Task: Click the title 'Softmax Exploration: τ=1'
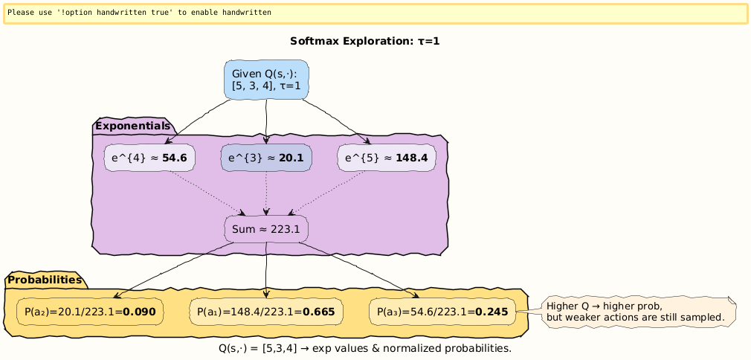coord(364,42)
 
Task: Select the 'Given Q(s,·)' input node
coord(266,80)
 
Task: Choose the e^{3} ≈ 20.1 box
coord(266,158)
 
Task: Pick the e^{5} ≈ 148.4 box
coord(386,158)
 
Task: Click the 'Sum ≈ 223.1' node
coord(266,229)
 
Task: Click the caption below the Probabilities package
coord(364,347)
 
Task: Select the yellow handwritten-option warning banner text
coord(139,13)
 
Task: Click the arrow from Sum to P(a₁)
coord(266,271)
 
